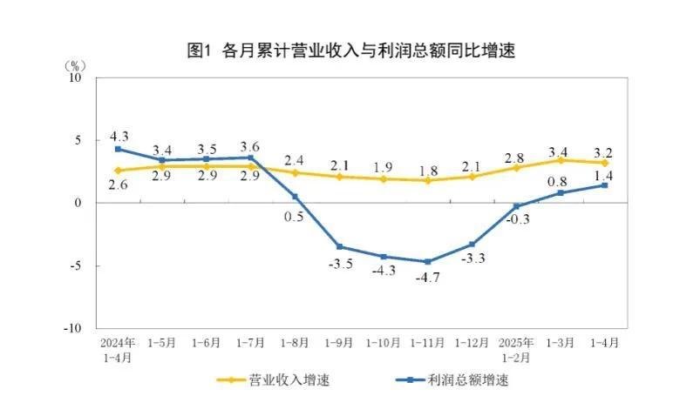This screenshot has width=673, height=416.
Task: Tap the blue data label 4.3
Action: coord(119,136)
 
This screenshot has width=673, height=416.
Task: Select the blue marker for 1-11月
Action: coord(428,261)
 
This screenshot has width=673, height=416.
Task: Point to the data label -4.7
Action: coord(428,278)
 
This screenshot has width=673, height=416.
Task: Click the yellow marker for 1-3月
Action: coord(560,160)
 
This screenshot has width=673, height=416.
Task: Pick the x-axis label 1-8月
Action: coord(295,342)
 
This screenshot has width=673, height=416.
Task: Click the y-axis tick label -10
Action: coord(74,328)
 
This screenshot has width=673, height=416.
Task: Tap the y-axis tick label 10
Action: coord(76,77)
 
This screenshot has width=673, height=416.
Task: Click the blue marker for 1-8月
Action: coord(295,197)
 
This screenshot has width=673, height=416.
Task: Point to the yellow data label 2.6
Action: coord(119,185)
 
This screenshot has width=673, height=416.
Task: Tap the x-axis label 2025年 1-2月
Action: coord(516,348)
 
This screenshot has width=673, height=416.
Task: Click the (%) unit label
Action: coord(75,65)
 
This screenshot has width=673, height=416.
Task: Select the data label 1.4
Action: coord(604,175)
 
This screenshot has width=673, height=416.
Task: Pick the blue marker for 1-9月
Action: coord(339,246)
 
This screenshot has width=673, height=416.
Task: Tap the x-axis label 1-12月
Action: coord(472,342)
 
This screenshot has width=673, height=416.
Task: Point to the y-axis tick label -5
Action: coord(77,265)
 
